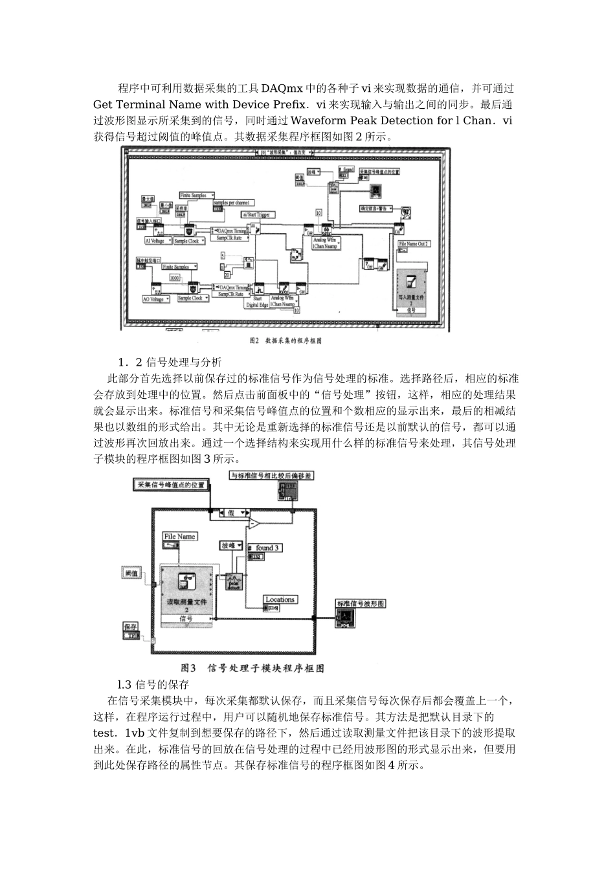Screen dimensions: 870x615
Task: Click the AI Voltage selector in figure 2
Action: [157, 241]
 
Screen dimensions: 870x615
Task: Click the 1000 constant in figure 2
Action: [175, 278]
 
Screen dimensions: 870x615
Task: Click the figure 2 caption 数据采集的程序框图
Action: [286, 340]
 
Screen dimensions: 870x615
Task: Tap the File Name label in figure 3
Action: [179, 537]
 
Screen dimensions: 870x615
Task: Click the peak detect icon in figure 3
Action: [234, 581]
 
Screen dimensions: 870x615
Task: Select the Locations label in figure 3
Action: [280, 599]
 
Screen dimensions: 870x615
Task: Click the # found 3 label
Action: [265, 547]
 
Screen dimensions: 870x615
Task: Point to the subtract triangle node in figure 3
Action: [256, 522]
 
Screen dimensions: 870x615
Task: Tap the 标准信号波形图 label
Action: [361, 603]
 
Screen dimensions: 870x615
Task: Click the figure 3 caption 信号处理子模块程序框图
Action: [252, 668]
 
